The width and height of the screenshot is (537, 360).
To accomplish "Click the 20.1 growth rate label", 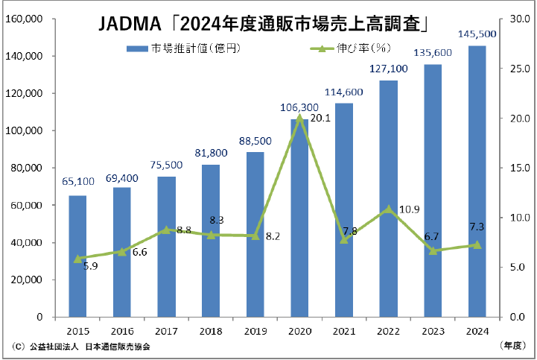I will tap(320, 118).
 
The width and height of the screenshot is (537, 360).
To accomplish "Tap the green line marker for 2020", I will tap(299, 118).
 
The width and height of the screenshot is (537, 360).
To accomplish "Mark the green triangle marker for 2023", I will tap(433, 250).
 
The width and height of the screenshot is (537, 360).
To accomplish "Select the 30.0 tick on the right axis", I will tap(518, 19).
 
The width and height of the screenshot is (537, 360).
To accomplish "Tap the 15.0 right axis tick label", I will tap(518, 168).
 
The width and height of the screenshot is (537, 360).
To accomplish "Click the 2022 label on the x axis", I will tap(388, 330).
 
